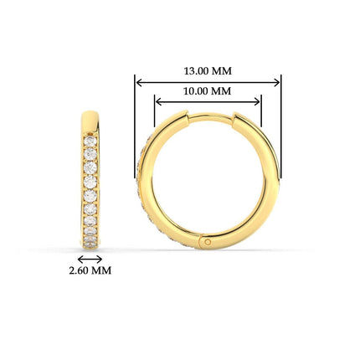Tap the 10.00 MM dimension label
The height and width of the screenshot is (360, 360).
tap(208, 90)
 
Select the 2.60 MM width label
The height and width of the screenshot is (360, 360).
tap(90, 271)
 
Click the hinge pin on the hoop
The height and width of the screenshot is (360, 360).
tap(207, 242)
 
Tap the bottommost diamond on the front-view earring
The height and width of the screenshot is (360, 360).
tap(90, 241)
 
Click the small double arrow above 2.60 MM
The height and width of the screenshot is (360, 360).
tap(90, 259)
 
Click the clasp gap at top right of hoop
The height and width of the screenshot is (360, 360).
tap(235, 118)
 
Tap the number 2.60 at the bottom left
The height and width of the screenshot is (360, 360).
tap(80, 271)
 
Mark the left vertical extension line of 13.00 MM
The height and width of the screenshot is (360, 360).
tap(135, 126)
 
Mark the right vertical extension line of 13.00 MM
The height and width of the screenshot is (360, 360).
tap(281, 126)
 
